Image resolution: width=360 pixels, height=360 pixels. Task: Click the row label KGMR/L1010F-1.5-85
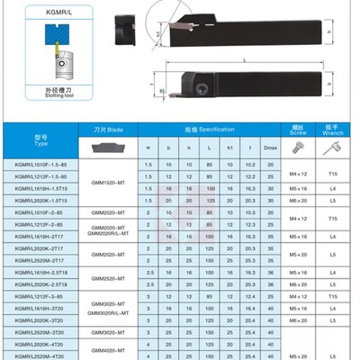(41, 163)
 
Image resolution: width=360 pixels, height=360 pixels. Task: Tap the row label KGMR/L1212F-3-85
(41, 296)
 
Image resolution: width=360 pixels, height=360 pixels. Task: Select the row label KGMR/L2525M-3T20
(41, 331)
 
